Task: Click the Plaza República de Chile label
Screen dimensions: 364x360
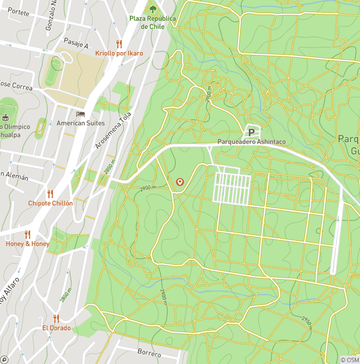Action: [x=152, y=23]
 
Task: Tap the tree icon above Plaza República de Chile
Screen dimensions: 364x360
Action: [x=152, y=8]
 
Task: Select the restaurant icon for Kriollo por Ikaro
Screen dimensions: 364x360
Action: [x=119, y=44]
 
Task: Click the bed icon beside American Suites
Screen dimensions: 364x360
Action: [x=80, y=114]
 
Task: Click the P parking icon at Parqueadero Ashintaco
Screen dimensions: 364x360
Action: [x=251, y=132]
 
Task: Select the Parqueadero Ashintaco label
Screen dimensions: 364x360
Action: [x=251, y=142]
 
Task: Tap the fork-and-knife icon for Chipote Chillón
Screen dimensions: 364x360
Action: [x=50, y=194]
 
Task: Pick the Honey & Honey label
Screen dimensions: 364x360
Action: [x=27, y=244]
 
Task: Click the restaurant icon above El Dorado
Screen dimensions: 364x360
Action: [x=56, y=318]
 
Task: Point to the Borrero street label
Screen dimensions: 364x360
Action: [x=149, y=352]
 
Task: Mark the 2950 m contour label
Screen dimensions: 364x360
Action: [x=307, y=323]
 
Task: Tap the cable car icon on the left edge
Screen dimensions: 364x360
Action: [x=6, y=117]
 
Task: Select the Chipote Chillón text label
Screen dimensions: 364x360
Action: [x=50, y=203]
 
